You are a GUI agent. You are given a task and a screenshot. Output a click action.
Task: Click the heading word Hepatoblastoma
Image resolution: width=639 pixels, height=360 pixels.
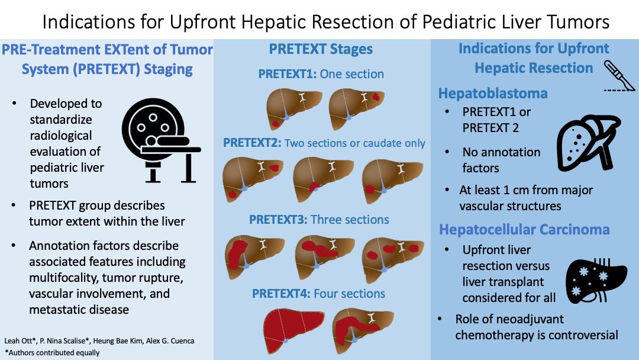pos(493,94)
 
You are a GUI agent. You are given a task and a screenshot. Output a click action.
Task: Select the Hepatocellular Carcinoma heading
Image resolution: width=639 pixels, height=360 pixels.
pos(524,230)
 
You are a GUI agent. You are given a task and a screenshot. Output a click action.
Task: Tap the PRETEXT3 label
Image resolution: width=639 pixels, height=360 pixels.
pos(278,220)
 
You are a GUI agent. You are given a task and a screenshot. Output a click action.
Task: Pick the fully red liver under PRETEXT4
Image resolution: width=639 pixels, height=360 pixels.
pos(293,330)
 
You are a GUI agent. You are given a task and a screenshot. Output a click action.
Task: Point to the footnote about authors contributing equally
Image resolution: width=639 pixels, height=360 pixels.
pos(52,353)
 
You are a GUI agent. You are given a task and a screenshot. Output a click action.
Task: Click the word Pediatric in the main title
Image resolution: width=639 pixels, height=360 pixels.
pos(458,21)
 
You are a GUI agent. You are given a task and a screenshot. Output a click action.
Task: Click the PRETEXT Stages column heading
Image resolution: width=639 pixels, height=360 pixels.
pos(321,49)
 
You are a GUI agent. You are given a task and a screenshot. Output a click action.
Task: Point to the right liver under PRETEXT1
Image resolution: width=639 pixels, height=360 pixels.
pos(357,108)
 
